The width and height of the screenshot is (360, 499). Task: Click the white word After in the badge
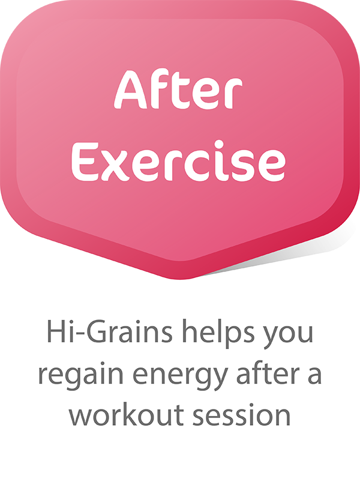[178, 89]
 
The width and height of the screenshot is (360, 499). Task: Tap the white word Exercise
[178, 162]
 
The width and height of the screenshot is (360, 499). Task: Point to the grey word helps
[218, 333]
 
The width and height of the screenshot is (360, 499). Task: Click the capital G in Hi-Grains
[97, 331]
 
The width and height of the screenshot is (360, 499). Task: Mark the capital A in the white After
[129, 89]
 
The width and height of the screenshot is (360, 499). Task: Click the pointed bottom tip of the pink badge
[180, 279]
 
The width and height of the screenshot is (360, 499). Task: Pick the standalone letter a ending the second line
[314, 375]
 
